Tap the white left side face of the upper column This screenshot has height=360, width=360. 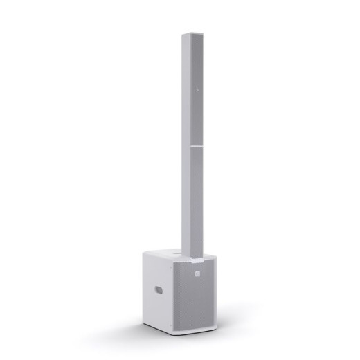pos(187,90)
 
